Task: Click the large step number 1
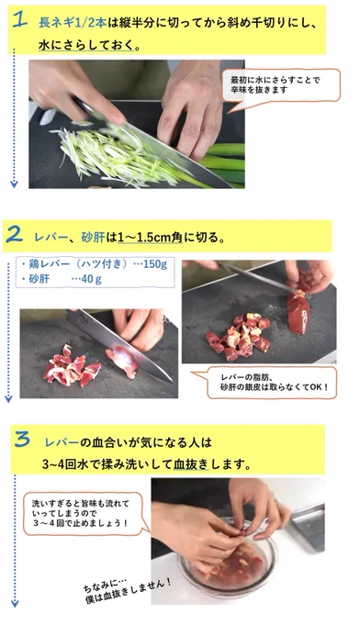pos(20,19)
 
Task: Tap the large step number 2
pos(14,236)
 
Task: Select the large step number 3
pos(22,439)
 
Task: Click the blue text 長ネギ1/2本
pos(73,23)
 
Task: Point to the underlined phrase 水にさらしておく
pos(86,46)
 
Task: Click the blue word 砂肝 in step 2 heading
pos(93,238)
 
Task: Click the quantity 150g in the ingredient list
pos(155,264)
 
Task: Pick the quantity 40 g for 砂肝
pos(91,279)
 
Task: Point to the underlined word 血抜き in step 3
pos(191,464)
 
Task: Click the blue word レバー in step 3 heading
pos(62,442)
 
